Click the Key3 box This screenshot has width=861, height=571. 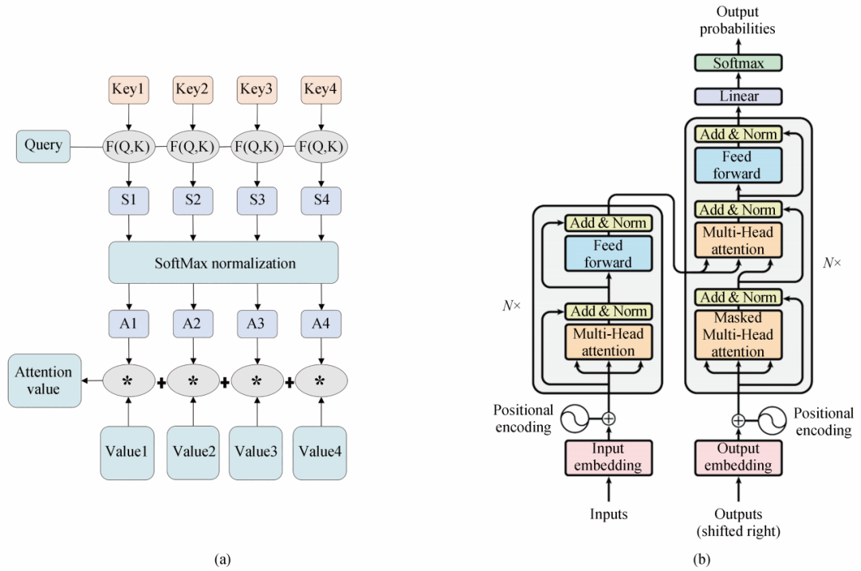click(x=257, y=89)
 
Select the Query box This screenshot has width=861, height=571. click(x=43, y=146)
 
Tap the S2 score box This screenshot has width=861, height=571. click(x=193, y=200)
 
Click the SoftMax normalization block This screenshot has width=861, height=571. click(x=223, y=263)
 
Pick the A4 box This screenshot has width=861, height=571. click(x=321, y=324)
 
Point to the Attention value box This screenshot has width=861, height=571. click(x=45, y=380)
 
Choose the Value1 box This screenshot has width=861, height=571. click(x=127, y=453)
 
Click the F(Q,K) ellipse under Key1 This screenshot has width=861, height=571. click(x=128, y=147)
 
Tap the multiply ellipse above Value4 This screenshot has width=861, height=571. click(x=320, y=380)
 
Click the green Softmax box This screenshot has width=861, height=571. click(x=738, y=63)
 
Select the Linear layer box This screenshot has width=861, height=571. click(x=738, y=96)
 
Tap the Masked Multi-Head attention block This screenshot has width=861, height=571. click(x=738, y=334)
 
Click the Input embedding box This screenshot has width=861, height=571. click(x=608, y=457)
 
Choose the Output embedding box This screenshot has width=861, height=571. click(x=738, y=457)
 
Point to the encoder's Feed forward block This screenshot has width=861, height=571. click(x=608, y=254)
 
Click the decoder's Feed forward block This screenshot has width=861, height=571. click(x=738, y=165)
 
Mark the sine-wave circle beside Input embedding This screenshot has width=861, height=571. click(x=574, y=419)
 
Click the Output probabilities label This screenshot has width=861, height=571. click(x=737, y=20)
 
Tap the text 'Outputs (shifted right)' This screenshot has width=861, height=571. click(x=738, y=522)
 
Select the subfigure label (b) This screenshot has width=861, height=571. click(x=702, y=560)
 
